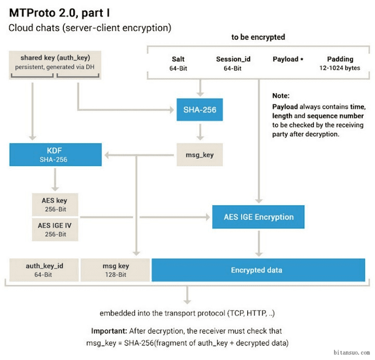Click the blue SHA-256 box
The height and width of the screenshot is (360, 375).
200,110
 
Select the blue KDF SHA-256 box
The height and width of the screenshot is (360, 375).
56,155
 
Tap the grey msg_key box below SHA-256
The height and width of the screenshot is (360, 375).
200,155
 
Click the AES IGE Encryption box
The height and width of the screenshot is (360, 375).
258,217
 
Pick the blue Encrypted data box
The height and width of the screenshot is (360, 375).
258,270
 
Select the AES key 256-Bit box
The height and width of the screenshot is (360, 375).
55,205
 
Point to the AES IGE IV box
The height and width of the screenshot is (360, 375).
55,230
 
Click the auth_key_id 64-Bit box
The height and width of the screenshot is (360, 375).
44,270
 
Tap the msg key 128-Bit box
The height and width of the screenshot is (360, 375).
115,270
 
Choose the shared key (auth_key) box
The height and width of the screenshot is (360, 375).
55,65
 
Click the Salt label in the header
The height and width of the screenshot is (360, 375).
178,59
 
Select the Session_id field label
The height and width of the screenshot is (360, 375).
233,59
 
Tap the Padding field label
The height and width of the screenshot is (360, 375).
340,59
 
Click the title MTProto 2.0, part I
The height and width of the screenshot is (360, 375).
60,13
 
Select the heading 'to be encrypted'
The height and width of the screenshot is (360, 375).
258,37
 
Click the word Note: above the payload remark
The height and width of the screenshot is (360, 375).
281,96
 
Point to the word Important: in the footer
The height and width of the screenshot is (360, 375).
109,331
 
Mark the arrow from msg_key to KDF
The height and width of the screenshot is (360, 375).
139,155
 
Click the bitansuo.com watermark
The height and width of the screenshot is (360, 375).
352,352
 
